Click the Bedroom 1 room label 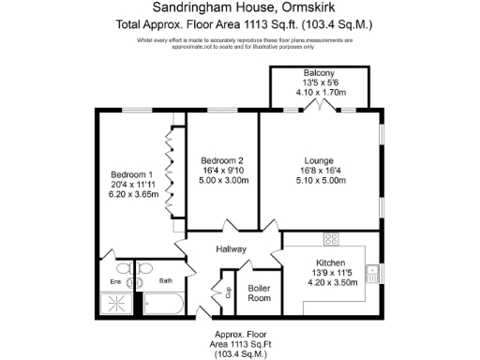coord(131,174)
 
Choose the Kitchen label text coord(331,262)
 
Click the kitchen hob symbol coord(330,237)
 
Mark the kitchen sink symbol coord(372,274)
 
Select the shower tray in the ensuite coord(116,304)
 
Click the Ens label coord(115,279)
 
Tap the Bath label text coord(165,279)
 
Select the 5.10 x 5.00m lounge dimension coord(320,181)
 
